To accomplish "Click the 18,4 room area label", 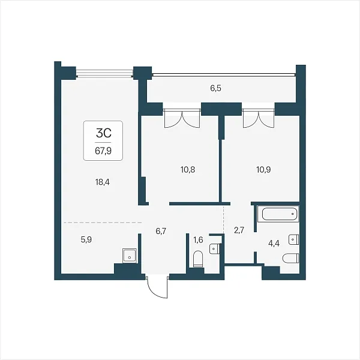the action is click(x=103, y=182).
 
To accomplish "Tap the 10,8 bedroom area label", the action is click(x=188, y=170).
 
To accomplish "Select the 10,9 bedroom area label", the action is click(x=263, y=170).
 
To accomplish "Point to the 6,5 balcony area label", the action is click(x=215, y=88).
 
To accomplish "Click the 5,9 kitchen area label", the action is click(x=86, y=239).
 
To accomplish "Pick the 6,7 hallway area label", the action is click(x=161, y=231).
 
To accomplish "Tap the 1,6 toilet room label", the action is click(x=198, y=240).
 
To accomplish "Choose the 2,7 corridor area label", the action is click(x=239, y=230).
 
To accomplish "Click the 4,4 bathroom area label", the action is click(x=274, y=244).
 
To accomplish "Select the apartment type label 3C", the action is click(x=104, y=133).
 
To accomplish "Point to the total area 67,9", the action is click(x=103, y=151).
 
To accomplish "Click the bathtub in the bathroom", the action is click(x=278, y=214).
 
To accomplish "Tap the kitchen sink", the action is click(x=130, y=256).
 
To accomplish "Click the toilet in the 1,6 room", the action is click(x=198, y=259).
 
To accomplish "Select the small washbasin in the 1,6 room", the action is click(x=214, y=249).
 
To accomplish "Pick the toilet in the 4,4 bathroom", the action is click(x=290, y=258).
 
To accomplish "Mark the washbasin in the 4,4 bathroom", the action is click(x=293, y=239).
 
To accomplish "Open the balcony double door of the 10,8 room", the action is click(x=182, y=118).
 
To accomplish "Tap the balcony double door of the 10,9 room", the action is click(x=258, y=118).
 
